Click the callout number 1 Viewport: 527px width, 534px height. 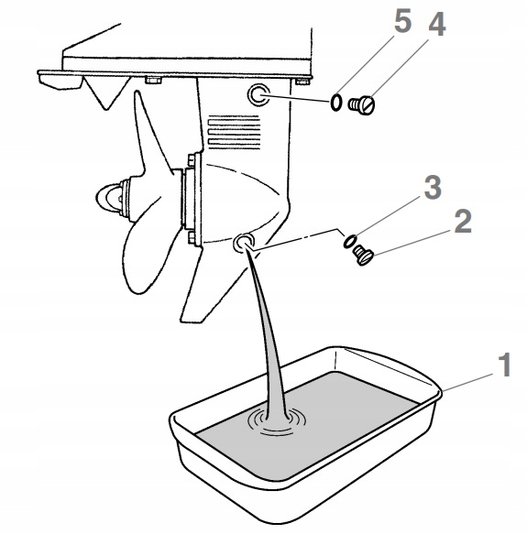(505, 365)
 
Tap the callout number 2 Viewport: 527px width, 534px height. (463, 222)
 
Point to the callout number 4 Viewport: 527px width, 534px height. (436, 24)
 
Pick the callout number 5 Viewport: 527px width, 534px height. (402, 21)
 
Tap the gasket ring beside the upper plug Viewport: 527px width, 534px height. (335, 103)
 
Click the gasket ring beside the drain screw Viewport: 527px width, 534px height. (350, 241)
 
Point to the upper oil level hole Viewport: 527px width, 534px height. (258, 94)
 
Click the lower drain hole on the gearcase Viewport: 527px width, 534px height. (244, 243)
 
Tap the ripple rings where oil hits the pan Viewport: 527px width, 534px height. (277, 422)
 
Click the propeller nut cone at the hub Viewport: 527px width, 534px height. (108, 198)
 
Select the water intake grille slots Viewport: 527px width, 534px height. (234, 132)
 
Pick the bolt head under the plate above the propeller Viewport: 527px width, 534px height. (154, 81)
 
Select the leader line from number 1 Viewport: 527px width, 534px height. (467, 382)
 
